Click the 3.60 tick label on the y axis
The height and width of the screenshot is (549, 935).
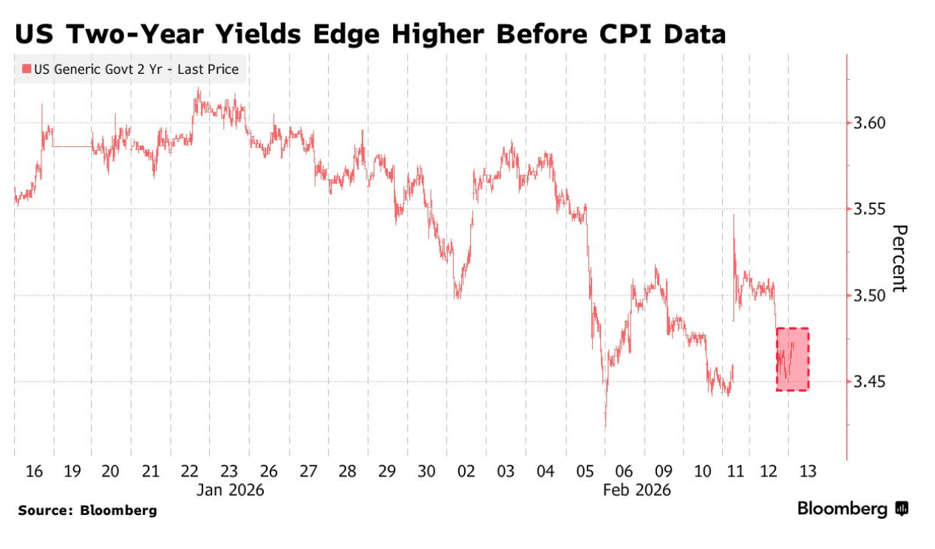click(869, 123)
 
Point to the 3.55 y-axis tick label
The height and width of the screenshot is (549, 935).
click(869, 209)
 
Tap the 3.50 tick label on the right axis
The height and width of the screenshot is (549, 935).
click(869, 296)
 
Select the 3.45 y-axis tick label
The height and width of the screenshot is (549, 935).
click(869, 382)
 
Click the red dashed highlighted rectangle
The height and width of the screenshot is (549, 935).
click(792, 359)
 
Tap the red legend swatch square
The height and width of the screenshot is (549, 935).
click(27, 69)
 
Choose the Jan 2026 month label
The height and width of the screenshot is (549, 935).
click(229, 490)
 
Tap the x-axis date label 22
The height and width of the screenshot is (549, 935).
click(189, 471)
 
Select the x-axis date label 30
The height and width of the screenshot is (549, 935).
click(426, 471)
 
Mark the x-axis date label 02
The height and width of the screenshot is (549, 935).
click(466, 471)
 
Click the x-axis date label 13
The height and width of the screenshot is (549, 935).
click(807, 471)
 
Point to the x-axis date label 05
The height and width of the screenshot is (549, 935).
click(585, 471)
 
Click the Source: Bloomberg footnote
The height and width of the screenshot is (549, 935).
click(87, 511)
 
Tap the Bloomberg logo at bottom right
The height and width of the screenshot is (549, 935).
click(852, 509)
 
